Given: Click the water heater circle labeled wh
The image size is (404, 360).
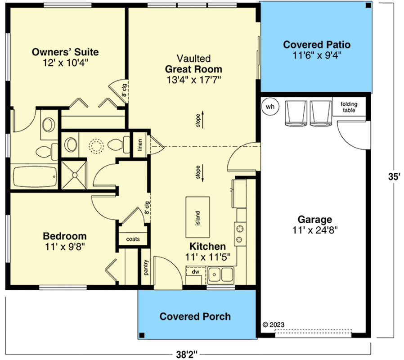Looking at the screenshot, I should click(x=270, y=107).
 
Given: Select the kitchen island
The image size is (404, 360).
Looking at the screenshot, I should click(x=198, y=218).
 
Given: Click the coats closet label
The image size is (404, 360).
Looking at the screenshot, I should click(x=133, y=239).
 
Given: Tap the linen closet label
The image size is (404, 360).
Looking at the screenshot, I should click(x=140, y=145).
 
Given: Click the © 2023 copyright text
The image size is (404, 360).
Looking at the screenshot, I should click(x=274, y=324).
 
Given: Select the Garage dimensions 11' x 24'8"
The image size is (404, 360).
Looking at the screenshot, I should click(x=315, y=229).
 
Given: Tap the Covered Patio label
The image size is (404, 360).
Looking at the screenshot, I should click(x=317, y=45).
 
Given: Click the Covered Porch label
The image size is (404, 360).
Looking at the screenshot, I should click(x=195, y=316).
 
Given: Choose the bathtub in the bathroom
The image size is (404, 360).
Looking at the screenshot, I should click(x=35, y=178).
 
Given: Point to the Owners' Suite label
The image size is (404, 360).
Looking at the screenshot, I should click(x=65, y=52).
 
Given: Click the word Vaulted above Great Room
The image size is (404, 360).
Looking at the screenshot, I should click(x=193, y=59).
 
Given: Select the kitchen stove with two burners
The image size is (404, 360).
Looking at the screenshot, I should click(x=240, y=233).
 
